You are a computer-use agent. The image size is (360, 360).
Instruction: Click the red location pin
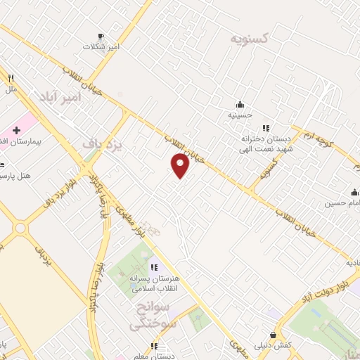pyautogui.click(x=181, y=165)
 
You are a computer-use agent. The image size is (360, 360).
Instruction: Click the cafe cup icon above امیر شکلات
pyautogui.click(x=101, y=36)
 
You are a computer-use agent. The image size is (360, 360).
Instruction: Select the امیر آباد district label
pyautogui.click(x=60, y=96)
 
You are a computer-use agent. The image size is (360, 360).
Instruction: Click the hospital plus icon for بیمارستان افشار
pyautogui.click(x=17, y=131)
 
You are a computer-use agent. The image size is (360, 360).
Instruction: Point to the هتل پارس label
pyautogui.click(x=16, y=174)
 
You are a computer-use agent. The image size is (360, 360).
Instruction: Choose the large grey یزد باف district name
pyautogui.click(x=103, y=144)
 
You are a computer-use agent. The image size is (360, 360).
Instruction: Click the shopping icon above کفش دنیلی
pyautogui.click(x=272, y=334)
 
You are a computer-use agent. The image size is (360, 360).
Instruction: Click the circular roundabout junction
pyautogui.click(x=20, y=228)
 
